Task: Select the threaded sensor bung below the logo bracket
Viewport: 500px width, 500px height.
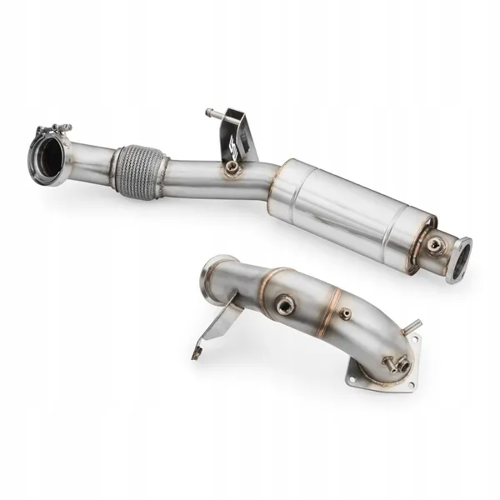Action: [x=232, y=169]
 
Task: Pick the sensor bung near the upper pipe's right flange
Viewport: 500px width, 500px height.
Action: [x=434, y=244]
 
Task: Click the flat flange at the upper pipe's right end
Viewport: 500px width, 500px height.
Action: [x=459, y=259]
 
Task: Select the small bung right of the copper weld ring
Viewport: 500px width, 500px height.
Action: [x=345, y=314]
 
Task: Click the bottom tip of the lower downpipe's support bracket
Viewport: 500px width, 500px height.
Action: [x=197, y=353]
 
